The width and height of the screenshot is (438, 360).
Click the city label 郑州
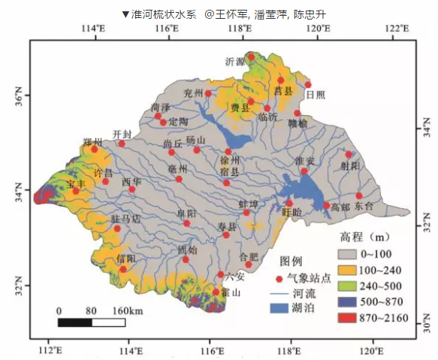pos(92,141)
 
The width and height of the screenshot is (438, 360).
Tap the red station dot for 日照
pos(307,85)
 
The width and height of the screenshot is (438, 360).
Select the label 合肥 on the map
pos(248,256)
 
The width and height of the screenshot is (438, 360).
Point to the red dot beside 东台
pos(359,195)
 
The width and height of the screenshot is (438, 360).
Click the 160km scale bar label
pos(128,311)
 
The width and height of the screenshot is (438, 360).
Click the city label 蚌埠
pos(248,204)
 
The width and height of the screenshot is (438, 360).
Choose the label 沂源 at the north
pos(235,62)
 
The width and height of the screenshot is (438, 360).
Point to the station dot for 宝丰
pos(75,191)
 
